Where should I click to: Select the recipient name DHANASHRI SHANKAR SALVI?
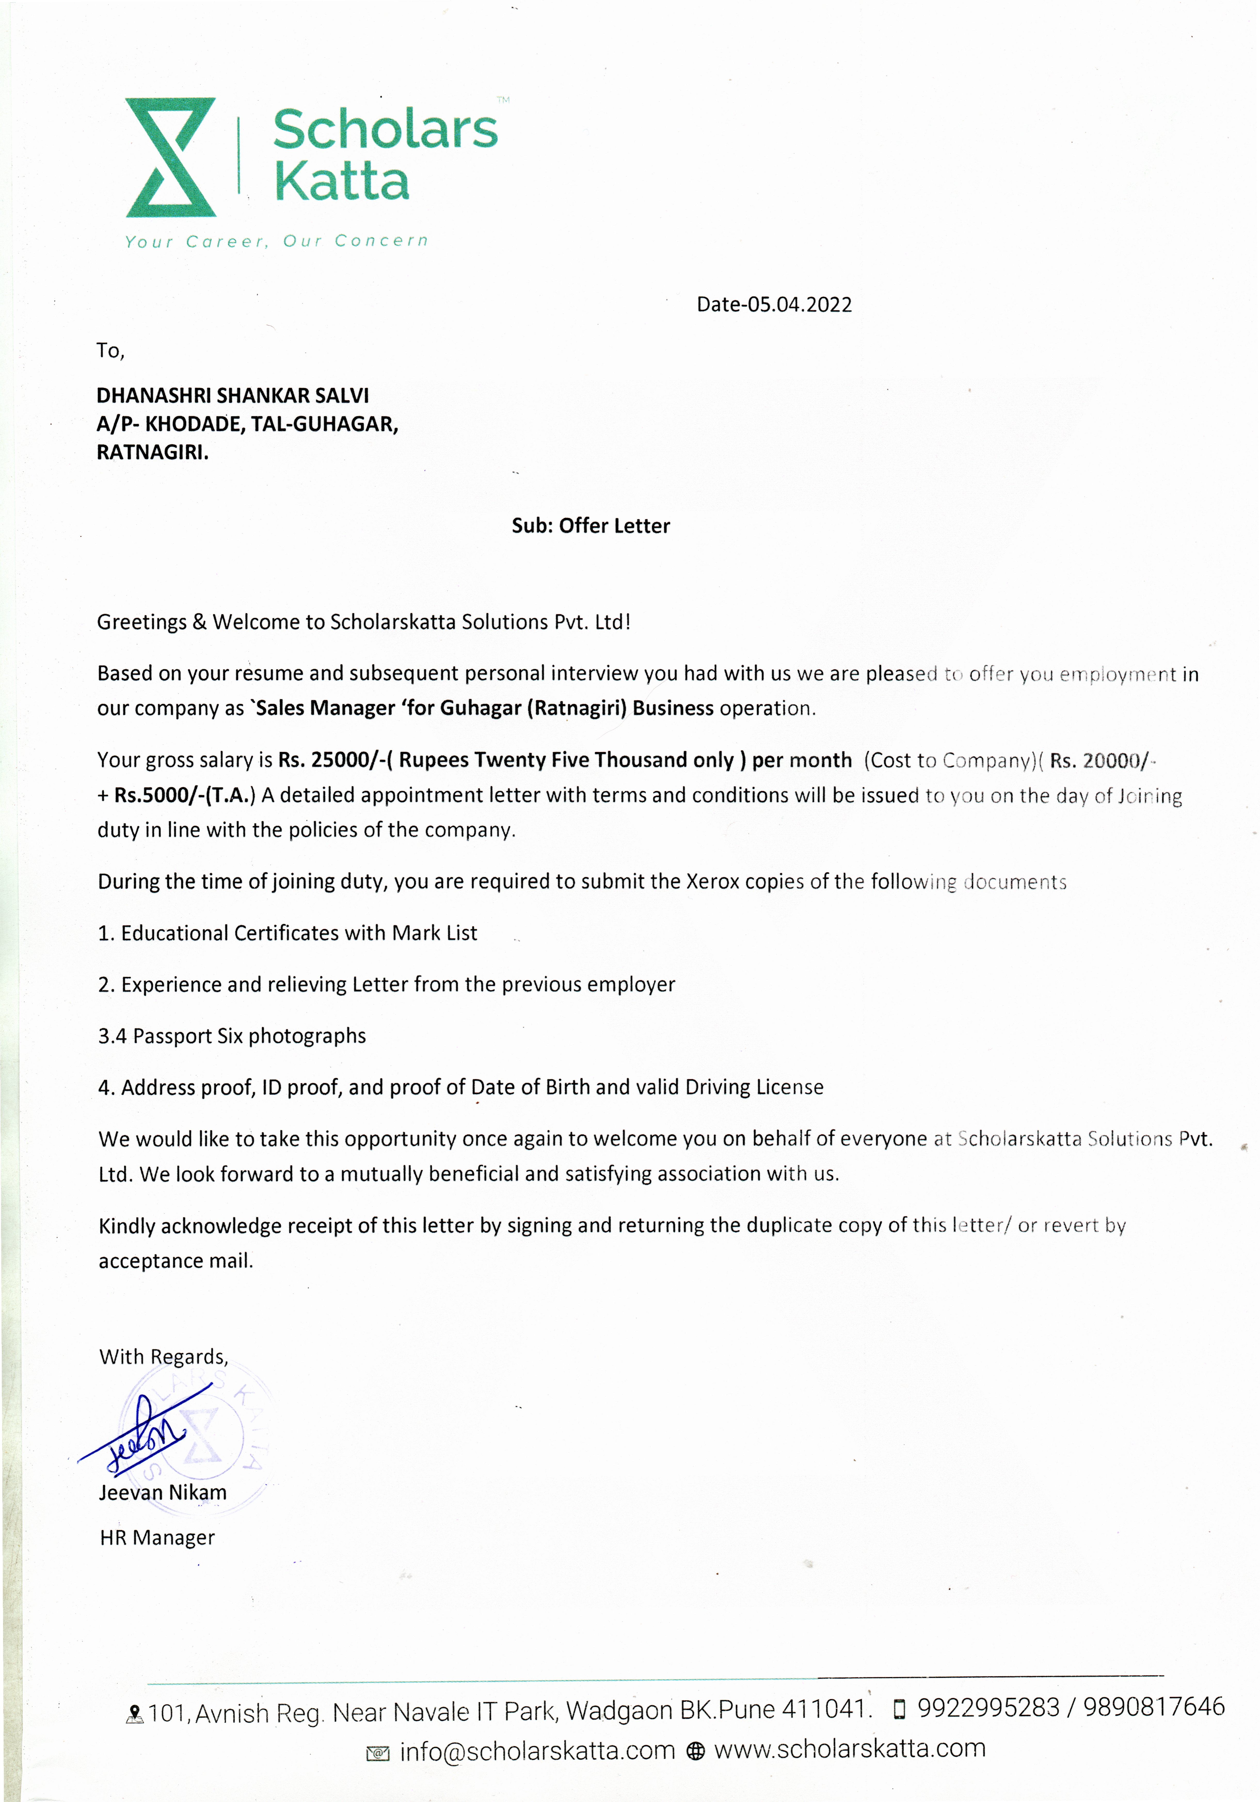[232, 395]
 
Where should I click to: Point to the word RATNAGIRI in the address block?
[151, 452]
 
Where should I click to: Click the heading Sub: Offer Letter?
[591, 526]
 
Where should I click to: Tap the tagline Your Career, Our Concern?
[276, 241]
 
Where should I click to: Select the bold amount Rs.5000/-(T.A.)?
[184, 795]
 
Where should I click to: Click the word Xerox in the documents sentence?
[712, 881]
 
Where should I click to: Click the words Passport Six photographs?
[250, 1036]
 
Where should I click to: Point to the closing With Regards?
[163, 1357]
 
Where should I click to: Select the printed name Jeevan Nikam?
[162, 1492]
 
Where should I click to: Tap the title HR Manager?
[157, 1537]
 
